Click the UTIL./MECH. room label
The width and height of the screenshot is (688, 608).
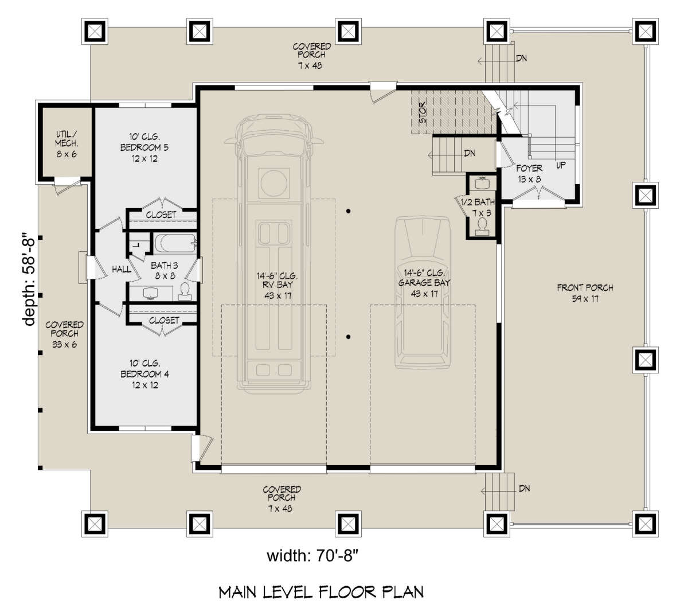click(67, 144)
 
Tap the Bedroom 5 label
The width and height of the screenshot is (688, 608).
click(144, 147)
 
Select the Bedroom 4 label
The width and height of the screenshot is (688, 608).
click(144, 374)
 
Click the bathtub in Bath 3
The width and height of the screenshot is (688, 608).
click(175, 243)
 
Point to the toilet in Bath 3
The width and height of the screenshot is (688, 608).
click(185, 291)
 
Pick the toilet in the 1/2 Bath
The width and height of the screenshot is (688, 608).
click(482, 227)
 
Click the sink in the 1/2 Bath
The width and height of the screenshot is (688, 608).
click(482, 184)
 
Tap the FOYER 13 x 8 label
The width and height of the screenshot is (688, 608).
click(529, 174)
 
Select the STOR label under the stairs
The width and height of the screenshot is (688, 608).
click(423, 112)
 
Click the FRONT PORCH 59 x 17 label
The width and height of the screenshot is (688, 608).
click(585, 293)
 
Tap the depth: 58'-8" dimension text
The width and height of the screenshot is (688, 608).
click(29, 279)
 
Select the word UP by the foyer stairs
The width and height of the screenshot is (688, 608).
click(561, 165)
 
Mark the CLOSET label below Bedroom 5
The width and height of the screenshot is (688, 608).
click(161, 215)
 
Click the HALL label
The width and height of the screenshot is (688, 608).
click(122, 269)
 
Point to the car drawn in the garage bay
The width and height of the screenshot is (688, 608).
click(423, 293)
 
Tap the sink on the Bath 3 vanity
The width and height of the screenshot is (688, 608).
click(151, 293)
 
